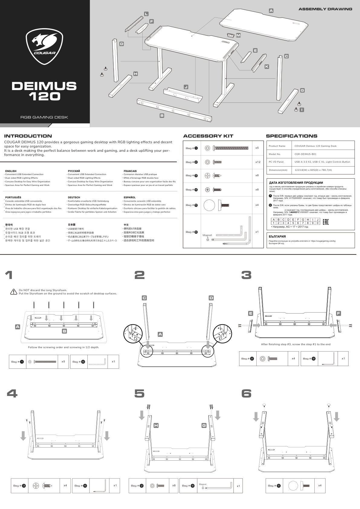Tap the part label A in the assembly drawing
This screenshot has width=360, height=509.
[271, 11]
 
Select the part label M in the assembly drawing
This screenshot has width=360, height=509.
[238, 36]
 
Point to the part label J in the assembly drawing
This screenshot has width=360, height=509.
[186, 87]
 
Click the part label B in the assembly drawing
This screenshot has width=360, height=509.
[162, 115]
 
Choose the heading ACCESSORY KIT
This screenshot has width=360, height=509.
[208, 136]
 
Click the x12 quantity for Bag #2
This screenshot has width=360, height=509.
[258, 162]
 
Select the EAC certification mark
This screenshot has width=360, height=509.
[326, 222]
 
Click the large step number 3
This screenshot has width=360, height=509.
[246, 275]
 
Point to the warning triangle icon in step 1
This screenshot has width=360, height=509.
[14, 292]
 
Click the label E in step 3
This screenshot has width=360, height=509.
[251, 313]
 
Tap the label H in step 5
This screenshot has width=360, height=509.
[156, 425]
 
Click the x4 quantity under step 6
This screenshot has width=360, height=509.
[320, 485]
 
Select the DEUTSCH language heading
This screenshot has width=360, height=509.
[74, 197]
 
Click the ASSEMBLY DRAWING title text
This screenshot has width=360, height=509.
[325, 9]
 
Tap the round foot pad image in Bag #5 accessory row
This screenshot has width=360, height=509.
[209, 205]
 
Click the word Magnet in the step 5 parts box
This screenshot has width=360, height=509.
[203, 484]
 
